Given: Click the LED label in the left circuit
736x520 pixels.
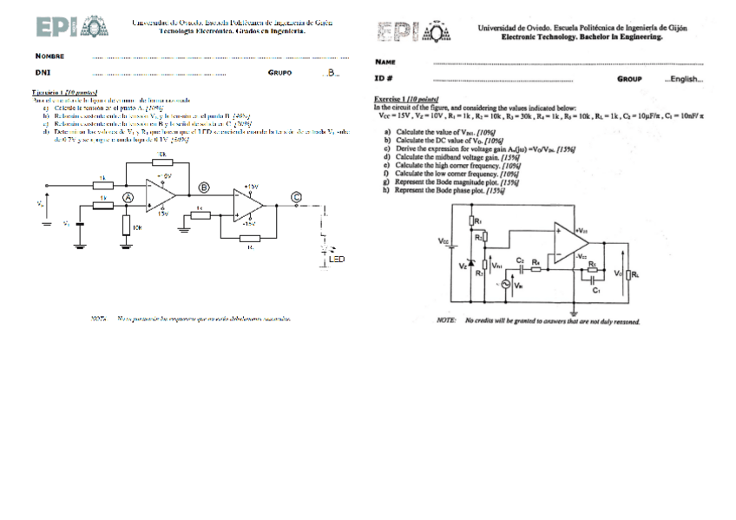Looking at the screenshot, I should (x=336, y=259).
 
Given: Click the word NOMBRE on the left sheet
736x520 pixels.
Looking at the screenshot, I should (x=50, y=56).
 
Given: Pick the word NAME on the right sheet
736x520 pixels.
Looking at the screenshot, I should (x=385, y=63).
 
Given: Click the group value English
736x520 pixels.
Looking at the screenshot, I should (x=684, y=80).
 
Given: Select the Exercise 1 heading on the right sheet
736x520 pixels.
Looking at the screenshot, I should (x=405, y=99).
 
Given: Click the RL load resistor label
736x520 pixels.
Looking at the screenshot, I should (x=636, y=274).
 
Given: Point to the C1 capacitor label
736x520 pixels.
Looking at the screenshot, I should (x=596, y=290).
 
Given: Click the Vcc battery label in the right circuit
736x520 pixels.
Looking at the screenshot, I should (x=444, y=240).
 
